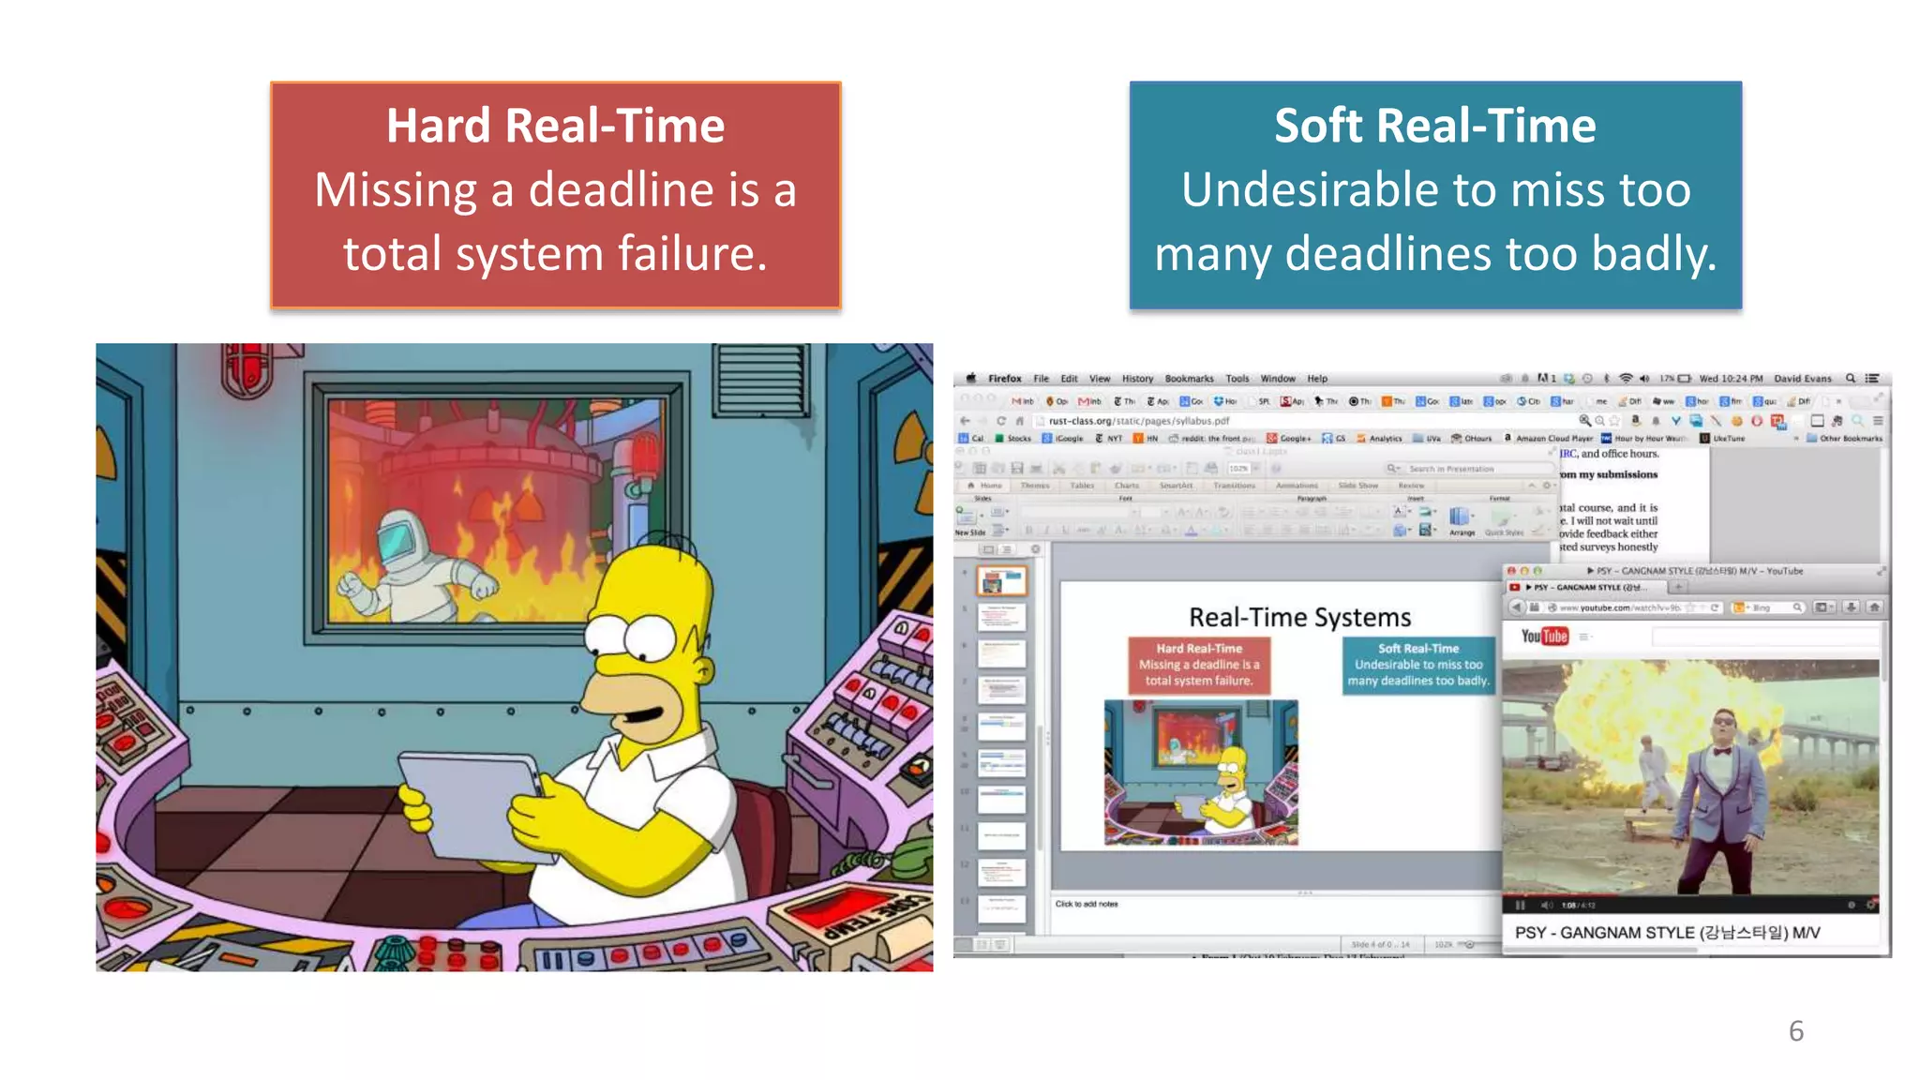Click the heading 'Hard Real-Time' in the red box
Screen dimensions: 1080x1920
pos(555,127)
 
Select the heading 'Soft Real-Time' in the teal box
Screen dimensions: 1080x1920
pos(1434,127)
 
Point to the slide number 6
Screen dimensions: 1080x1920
pos(1795,1031)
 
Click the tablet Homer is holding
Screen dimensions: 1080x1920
pos(473,802)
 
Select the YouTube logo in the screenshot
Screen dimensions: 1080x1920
pos(1544,637)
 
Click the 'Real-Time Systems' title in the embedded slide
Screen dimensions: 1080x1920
pos(1299,618)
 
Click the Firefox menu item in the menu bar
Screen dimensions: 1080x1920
pos(1004,379)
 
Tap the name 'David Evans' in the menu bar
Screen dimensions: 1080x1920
pos(1802,379)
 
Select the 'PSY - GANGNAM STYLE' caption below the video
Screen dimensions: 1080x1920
pos(1667,933)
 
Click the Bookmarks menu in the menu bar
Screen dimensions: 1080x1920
pos(1189,379)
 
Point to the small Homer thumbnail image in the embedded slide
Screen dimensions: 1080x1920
pos(1201,772)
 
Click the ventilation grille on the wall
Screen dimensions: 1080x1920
pos(760,379)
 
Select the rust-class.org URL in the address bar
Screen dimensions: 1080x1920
pos(1138,421)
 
